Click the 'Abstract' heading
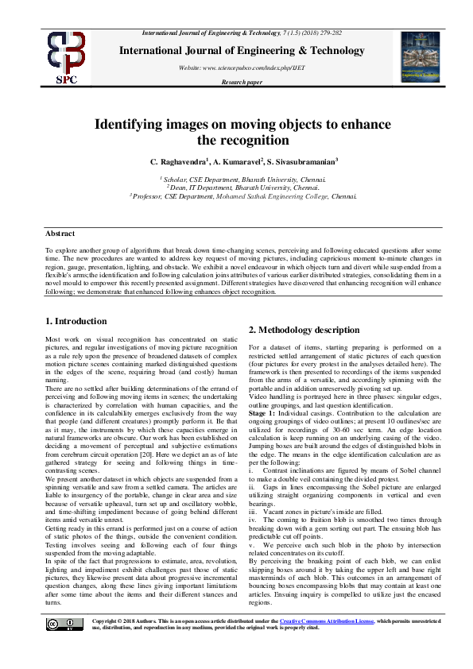(x=60, y=234)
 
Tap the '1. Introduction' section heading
(x=76, y=321)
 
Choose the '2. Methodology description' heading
(x=304, y=330)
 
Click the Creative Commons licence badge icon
(x=68, y=647)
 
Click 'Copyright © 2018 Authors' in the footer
(x=128, y=644)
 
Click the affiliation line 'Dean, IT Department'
(x=243, y=188)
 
